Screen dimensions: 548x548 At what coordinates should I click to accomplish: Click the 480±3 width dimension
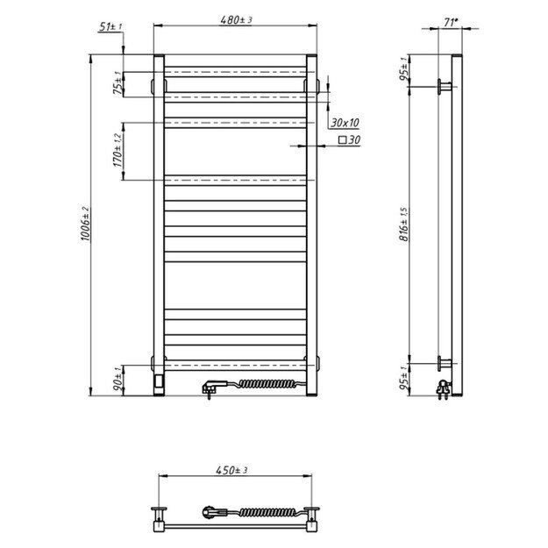234,19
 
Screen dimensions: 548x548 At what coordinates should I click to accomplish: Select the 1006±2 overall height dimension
85,225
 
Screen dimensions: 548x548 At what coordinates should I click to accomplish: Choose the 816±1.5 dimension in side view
404,224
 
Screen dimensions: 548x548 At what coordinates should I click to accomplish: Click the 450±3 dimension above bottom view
234,471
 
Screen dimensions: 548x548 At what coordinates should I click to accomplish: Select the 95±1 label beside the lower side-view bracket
404,379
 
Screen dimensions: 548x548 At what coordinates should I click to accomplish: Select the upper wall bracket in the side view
445,86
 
